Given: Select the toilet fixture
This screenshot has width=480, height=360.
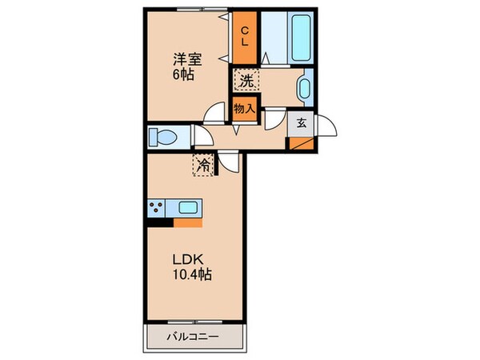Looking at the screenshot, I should (x=164, y=137).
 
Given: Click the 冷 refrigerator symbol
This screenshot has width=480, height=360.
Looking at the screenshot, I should (x=203, y=166).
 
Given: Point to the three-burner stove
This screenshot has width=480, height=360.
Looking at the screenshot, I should (x=156, y=210).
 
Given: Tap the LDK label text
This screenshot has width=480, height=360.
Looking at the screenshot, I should (x=186, y=260).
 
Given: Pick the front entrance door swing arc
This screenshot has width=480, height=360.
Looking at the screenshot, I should (x=329, y=127).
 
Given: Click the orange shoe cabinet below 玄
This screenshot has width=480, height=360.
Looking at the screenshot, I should (x=302, y=144).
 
